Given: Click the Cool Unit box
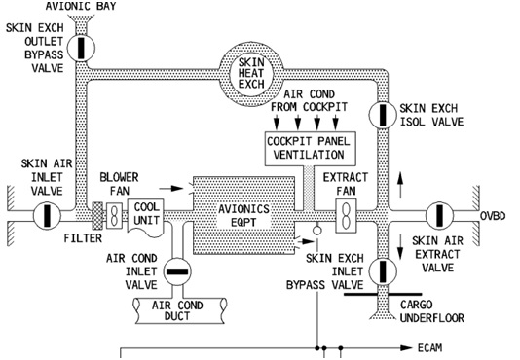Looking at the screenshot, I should click(x=145, y=213).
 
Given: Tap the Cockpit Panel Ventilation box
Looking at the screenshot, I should click(x=306, y=148).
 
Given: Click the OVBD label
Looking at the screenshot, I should click(x=494, y=215).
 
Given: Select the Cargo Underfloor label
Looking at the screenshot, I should click(x=431, y=309).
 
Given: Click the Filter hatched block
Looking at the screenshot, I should click(x=97, y=214).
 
